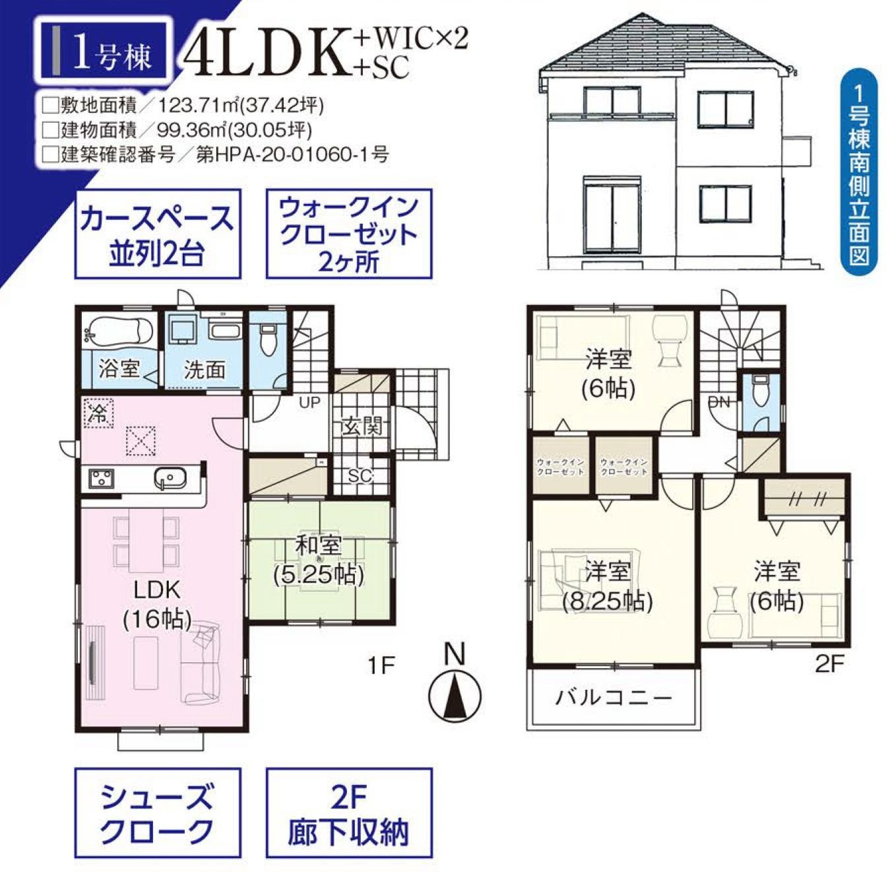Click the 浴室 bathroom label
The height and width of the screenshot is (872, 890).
119,369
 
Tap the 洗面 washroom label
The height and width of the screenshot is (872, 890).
205,370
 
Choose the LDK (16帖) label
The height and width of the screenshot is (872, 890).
157,605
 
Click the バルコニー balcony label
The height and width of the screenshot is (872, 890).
614,697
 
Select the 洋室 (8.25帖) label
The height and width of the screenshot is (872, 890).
608,587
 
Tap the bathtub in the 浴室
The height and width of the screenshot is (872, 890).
119,331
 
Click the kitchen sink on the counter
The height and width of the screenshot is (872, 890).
171,477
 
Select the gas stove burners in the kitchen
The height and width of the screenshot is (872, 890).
101,478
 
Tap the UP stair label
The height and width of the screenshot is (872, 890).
309,402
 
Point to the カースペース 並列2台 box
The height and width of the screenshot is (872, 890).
158,234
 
